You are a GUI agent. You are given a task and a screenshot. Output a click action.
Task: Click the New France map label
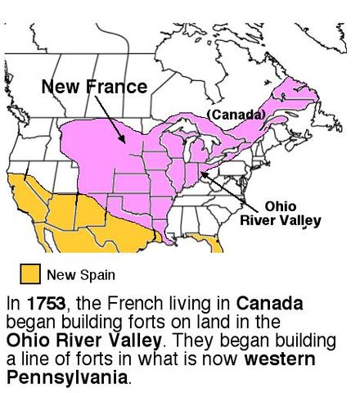[94, 86]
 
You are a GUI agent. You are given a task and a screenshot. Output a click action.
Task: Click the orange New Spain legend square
[30, 272]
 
